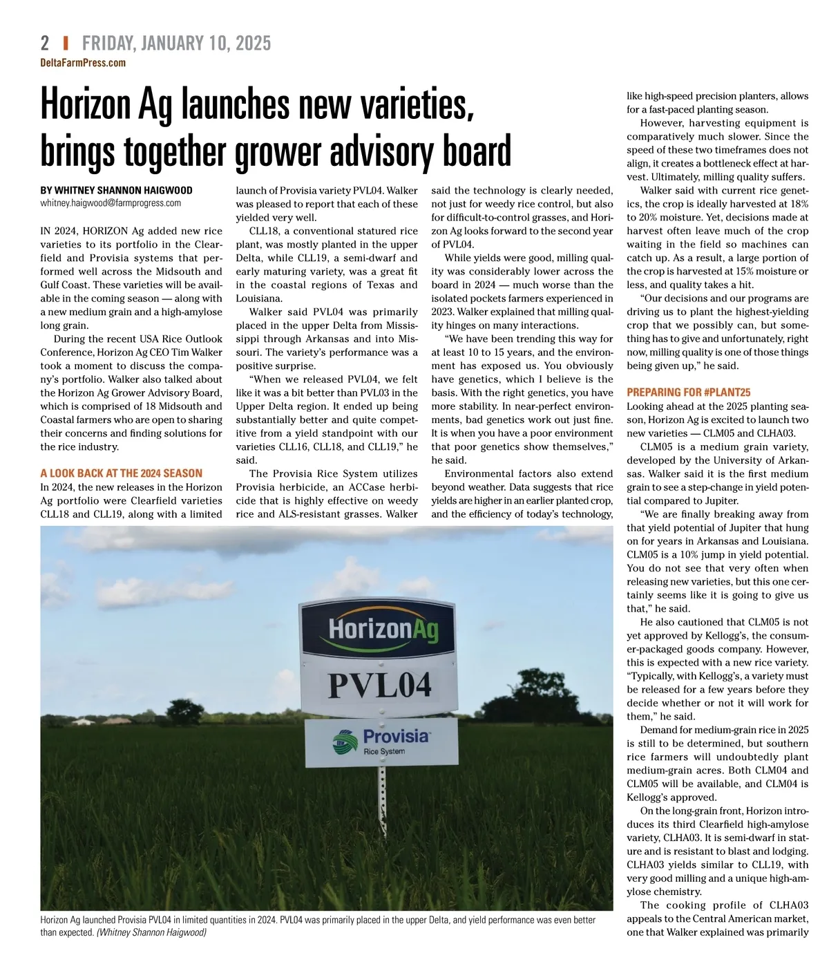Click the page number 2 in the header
tap(45, 44)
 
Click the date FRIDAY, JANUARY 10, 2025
tap(176, 44)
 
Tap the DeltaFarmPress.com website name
tap(83, 63)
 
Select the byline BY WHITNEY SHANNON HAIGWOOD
tap(116, 190)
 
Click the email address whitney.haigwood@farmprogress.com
tap(111, 203)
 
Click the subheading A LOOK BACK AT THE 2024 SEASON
tap(121, 473)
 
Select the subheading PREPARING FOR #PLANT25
tap(688, 393)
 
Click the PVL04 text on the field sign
tap(379, 684)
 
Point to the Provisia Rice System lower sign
tap(381, 742)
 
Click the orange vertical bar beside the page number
tap(65, 44)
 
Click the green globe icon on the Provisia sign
tap(343, 741)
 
